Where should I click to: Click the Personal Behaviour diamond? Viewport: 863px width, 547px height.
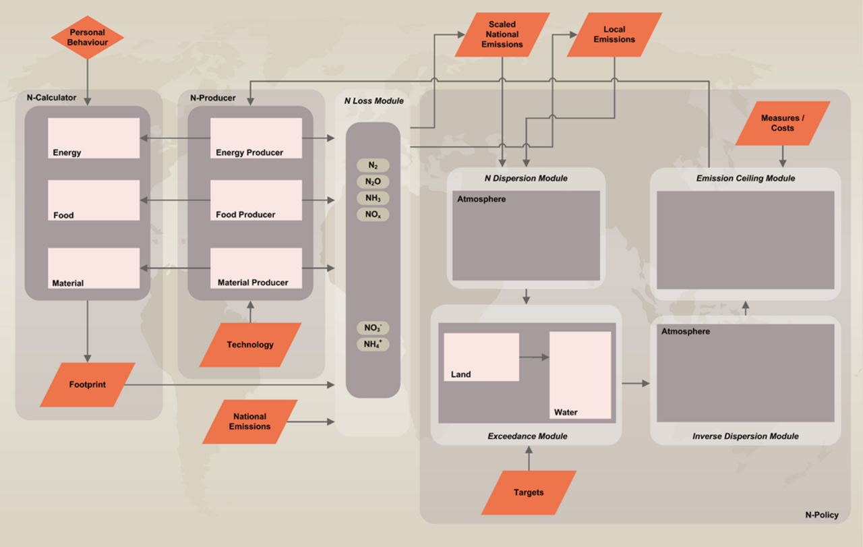[88, 37]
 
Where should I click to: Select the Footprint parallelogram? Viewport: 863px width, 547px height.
[88, 384]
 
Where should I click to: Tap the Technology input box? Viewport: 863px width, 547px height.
[250, 345]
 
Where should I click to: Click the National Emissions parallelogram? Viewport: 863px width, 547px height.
[250, 422]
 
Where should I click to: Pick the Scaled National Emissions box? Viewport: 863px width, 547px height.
[502, 34]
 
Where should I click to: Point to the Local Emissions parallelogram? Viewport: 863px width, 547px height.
[614, 34]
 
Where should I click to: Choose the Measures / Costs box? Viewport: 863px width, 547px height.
[782, 123]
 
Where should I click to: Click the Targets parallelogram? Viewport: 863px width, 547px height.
[529, 492]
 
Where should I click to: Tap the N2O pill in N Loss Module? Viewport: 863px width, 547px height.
[373, 181]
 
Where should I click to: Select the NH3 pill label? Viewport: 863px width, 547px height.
[373, 198]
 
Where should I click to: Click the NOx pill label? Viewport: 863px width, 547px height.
[373, 214]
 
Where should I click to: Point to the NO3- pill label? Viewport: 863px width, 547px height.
[373, 328]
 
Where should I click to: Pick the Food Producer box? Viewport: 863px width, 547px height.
[256, 200]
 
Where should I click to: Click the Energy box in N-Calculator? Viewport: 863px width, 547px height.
[94, 138]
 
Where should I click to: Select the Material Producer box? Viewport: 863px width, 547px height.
[256, 268]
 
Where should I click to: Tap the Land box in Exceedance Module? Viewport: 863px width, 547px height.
[481, 357]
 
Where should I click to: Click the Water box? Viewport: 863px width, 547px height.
[580, 375]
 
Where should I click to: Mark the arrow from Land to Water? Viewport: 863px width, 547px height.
[534, 357]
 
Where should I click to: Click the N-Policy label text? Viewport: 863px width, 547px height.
[822, 515]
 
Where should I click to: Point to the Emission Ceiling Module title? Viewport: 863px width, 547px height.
[746, 178]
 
